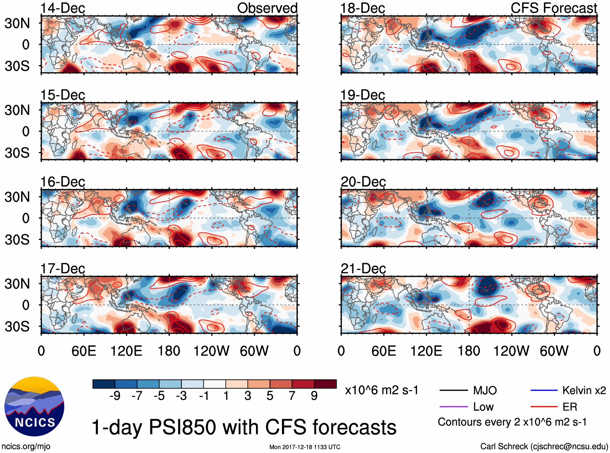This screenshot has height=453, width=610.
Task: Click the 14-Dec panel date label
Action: click(x=63, y=8)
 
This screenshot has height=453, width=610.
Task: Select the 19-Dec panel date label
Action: click(x=362, y=95)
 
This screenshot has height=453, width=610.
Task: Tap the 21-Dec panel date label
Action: click(x=363, y=268)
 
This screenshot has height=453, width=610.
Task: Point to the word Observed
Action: click(x=267, y=8)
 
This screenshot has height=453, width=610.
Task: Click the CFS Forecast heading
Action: click(x=553, y=8)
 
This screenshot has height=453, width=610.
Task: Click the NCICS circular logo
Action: click(x=34, y=406)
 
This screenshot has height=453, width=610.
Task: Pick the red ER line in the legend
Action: click(x=544, y=407)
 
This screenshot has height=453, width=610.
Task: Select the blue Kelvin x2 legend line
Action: click(x=544, y=390)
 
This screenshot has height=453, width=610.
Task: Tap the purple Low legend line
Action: click(x=453, y=407)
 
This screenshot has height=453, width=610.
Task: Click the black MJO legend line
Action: click(x=453, y=390)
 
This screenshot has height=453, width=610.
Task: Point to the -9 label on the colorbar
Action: click(x=115, y=396)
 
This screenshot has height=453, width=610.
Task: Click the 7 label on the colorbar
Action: click(x=292, y=396)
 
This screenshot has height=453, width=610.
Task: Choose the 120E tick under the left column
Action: click(x=126, y=351)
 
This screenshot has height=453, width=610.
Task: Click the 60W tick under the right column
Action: click(x=554, y=351)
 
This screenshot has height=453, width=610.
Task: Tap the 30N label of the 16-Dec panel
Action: click(x=17, y=197)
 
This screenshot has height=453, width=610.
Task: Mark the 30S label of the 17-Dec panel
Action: click(x=17, y=327)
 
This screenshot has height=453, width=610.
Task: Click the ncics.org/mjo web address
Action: click(x=26, y=446)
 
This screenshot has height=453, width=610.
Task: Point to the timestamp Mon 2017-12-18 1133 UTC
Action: click(x=305, y=447)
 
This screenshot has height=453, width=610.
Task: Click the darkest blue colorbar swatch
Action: click(x=104, y=384)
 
